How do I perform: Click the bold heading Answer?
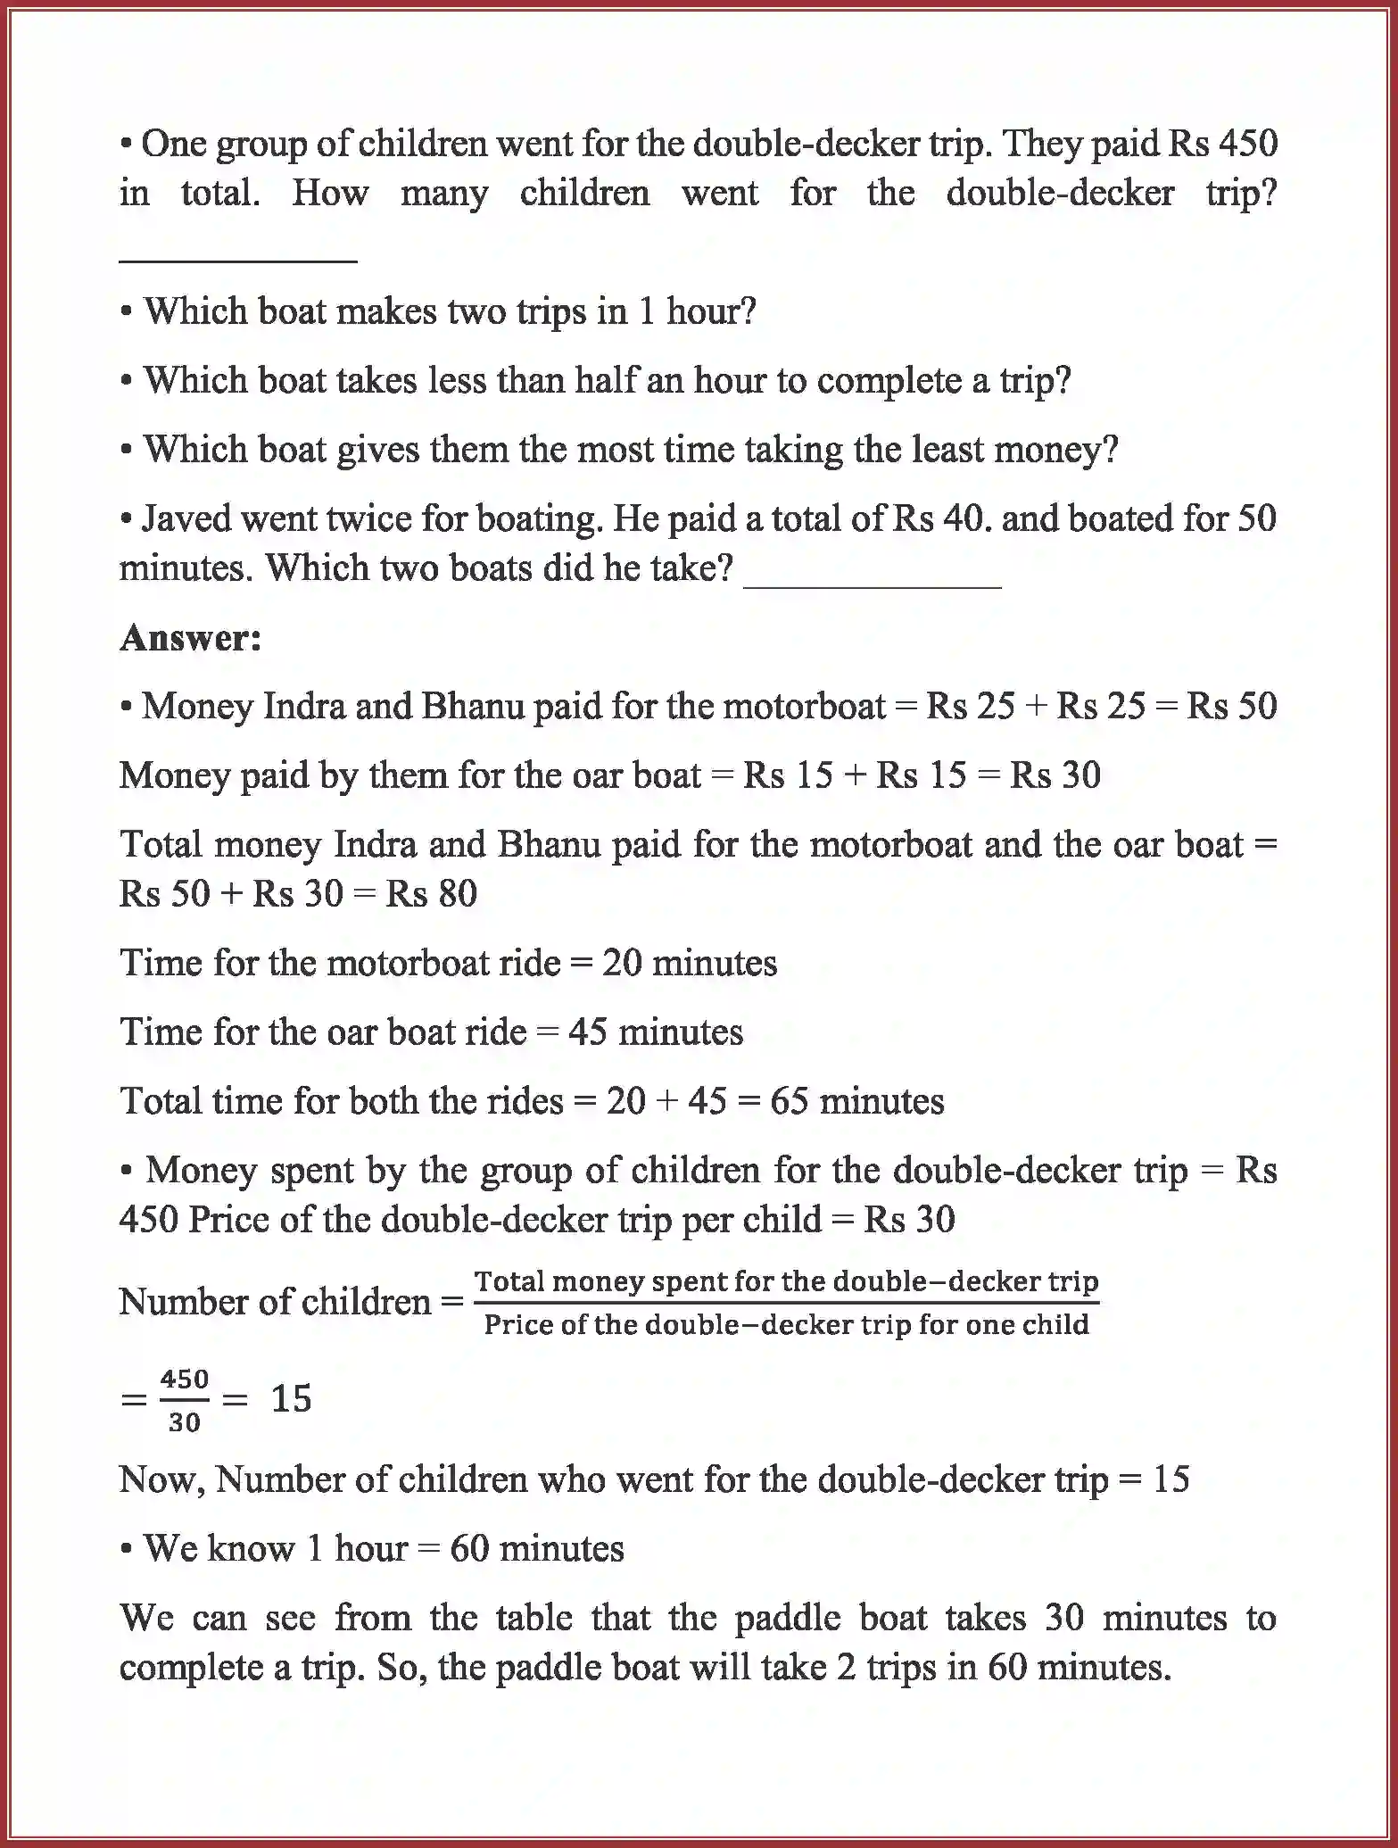(190, 638)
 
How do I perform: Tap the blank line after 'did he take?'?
(872, 584)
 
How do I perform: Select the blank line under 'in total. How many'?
(238, 260)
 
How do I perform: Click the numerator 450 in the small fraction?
(184, 1380)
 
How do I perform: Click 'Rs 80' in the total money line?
(432, 894)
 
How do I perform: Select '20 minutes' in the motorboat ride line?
(689, 964)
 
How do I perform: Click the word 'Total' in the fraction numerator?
(509, 1282)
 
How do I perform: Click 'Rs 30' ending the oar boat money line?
(1055, 775)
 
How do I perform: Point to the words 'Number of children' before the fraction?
(275, 1303)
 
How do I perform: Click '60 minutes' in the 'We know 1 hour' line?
(536, 1549)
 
